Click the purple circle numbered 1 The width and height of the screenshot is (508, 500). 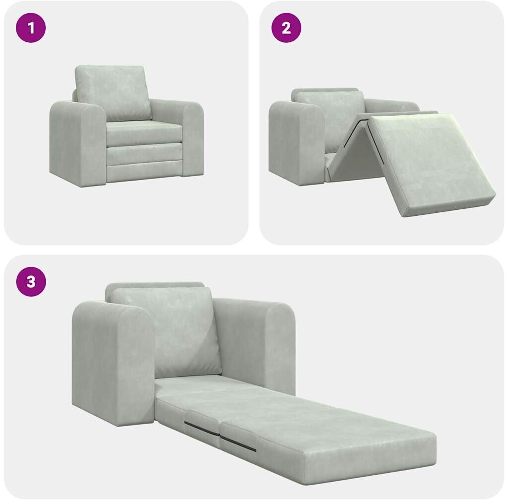pos(31,27)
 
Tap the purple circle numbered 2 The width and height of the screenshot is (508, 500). pos(286,27)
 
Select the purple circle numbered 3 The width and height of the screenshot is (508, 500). pos(31,281)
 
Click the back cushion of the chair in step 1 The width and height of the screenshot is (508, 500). pos(114,92)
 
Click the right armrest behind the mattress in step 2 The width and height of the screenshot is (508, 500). pos(393,106)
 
